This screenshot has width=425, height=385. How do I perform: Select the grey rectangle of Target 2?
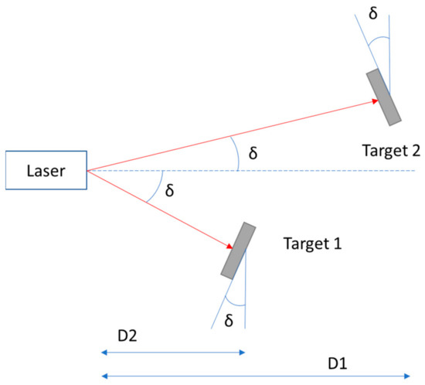[x=384, y=97]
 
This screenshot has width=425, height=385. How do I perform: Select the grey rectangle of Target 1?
[x=239, y=250]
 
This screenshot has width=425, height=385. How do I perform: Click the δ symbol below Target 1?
[x=228, y=319]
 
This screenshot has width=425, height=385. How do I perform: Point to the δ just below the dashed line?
[x=171, y=189]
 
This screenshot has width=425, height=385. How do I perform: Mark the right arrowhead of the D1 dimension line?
[x=406, y=376]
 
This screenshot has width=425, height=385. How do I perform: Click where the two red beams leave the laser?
[x=87, y=170]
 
